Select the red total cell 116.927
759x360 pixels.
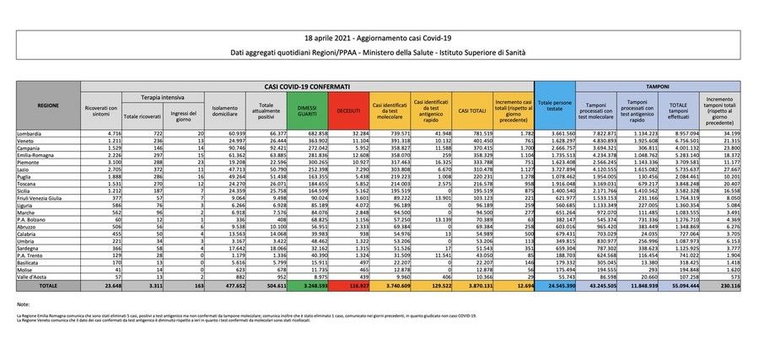click(x=347, y=286)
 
